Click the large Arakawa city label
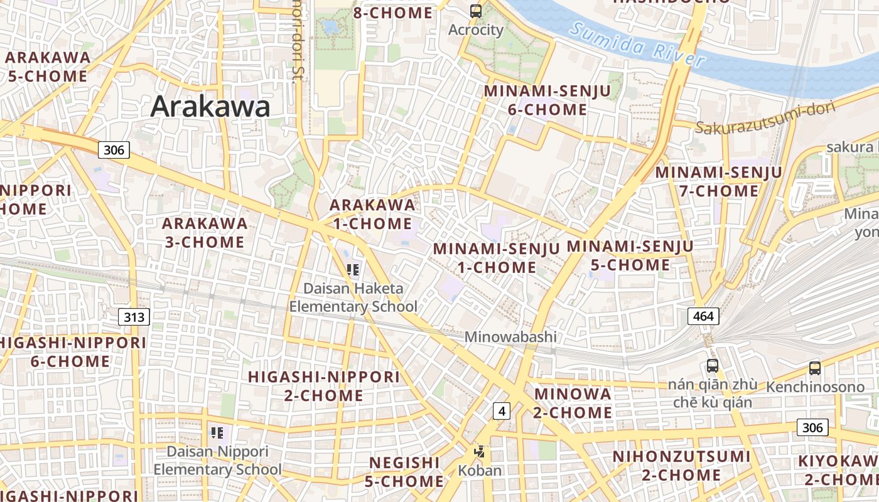click(x=210, y=107)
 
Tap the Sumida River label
click(x=637, y=44)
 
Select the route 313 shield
click(x=134, y=317)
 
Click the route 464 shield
click(x=703, y=316)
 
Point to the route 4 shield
click(x=501, y=411)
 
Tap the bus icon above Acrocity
click(x=476, y=11)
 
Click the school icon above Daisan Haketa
click(x=353, y=270)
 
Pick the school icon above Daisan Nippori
click(x=217, y=432)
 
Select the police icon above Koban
click(x=480, y=451)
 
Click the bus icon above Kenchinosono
click(x=814, y=368)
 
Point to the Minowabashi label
click(x=510, y=337)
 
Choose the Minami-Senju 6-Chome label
click(x=547, y=100)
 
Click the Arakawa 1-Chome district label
click(x=372, y=214)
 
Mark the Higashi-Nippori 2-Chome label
click(x=323, y=386)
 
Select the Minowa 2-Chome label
click(x=572, y=403)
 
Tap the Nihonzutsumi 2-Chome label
click(x=681, y=466)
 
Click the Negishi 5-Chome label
click(x=404, y=472)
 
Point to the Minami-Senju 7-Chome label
click(x=718, y=181)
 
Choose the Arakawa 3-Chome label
click(x=205, y=232)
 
